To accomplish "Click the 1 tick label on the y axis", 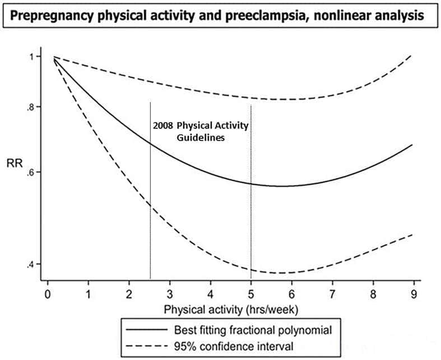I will pyautogui.click(x=33, y=57).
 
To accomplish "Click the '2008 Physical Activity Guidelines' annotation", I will pyautogui.click(x=201, y=130).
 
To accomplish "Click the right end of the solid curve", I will pyautogui.click(x=412, y=144).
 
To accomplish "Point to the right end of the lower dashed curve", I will pyautogui.click(x=412, y=235).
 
